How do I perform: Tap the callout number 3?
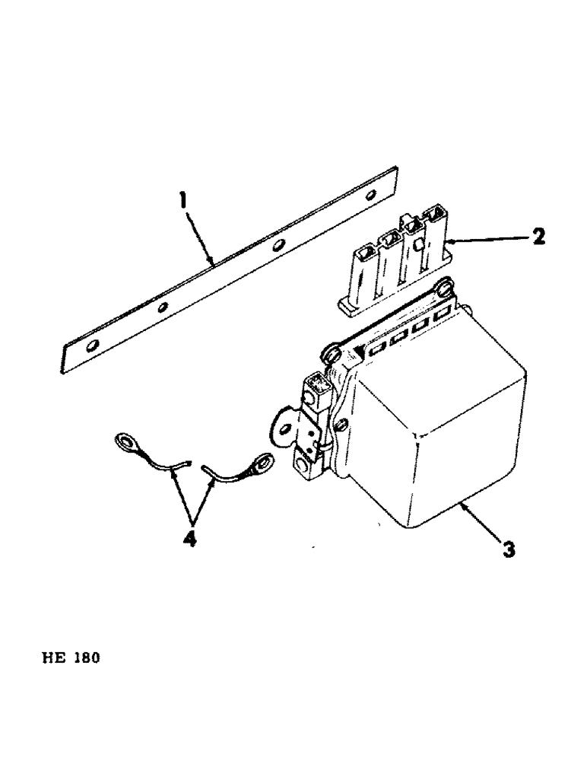pyautogui.click(x=509, y=548)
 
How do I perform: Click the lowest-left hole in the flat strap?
pyautogui.click(x=92, y=348)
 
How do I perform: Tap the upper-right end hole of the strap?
pyautogui.click(x=370, y=197)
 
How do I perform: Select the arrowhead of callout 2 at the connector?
pyautogui.click(x=449, y=242)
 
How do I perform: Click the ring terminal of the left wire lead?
pyautogui.click(x=122, y=441)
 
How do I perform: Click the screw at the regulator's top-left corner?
pyautogui.click(x=331, y=352)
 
